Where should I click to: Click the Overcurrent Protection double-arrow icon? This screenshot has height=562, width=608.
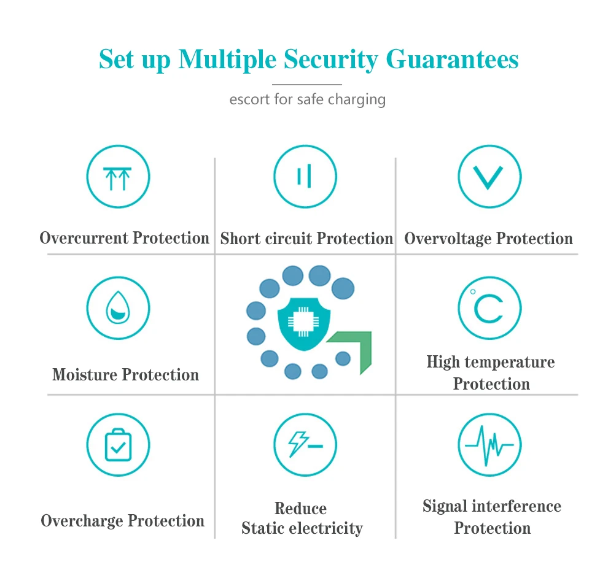pyautogui.click(x=118, y=177)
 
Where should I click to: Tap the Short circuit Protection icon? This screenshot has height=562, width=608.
pyautogui.click(x=305, y=177)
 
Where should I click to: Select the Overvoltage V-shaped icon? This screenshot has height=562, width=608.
pyautogui.click(x=489, y=177)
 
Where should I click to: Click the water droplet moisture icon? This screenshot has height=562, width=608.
pyautogui.click(x=118, y=308)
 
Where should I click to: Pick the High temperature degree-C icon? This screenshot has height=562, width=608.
pyautogui.click(x=489, y=309)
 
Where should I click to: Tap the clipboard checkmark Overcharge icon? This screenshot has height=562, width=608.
pyautogui.click(x=118, y=445)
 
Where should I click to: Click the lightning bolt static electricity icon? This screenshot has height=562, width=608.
pyautogui.click(x=305, y=445)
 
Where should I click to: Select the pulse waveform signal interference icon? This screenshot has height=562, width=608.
pyautogui.click(x=489, y=445)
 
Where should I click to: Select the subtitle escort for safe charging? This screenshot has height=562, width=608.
pyautogui.click(x=307, y=99)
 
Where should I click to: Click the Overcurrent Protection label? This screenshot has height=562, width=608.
pyautogui.click(x=124, y=238)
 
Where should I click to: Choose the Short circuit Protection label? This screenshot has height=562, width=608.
pyautogui.click(x=306, y=239)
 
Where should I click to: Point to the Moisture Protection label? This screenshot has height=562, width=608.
pyautogui.click(x=125, y=375)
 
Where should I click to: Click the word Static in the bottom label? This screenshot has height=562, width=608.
pyautogui.click(x=265, y=528)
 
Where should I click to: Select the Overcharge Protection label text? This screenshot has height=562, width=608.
pyautogui.click(x=122, y=521)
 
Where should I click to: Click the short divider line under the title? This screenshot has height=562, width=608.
pyautogui.click(x=306, y=84)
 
